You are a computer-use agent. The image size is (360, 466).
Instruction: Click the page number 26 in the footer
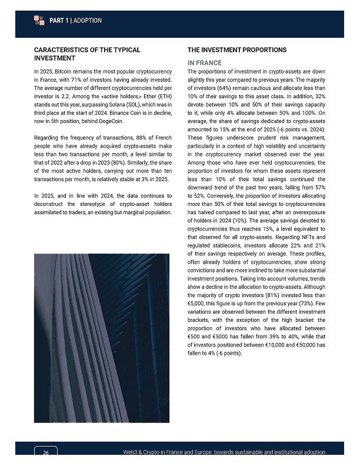[x=46, y=452]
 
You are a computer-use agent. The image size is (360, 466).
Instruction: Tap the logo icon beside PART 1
[x=39, y=20]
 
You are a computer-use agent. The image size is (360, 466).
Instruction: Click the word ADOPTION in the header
[x=88, y=21]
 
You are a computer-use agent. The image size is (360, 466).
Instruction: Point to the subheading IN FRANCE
[x=204, y=63]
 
